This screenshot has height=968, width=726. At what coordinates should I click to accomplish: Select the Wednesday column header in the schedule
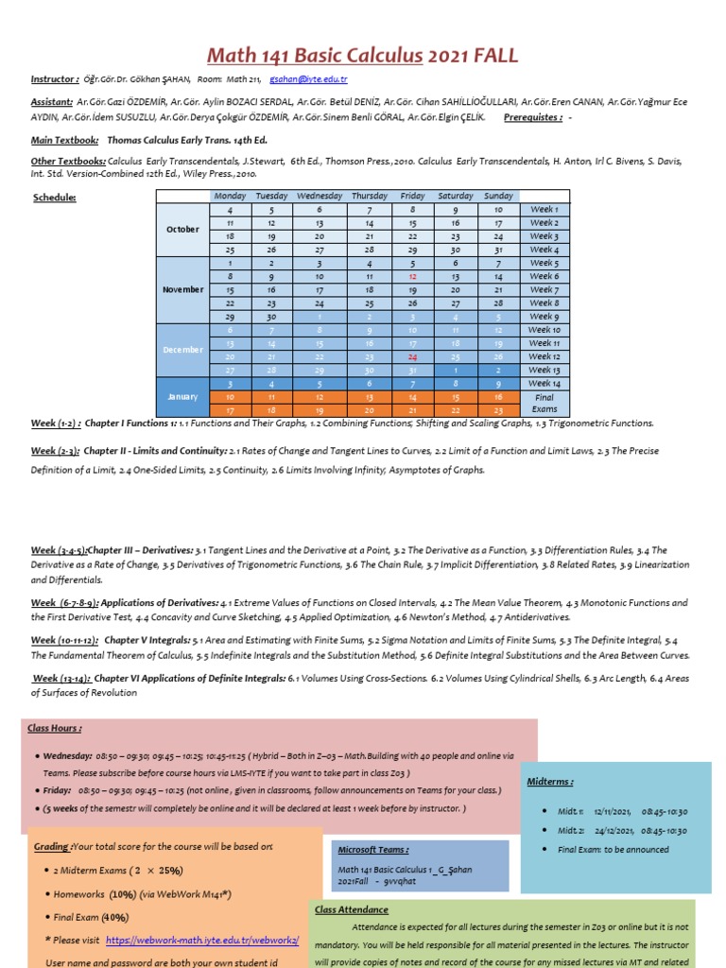319,196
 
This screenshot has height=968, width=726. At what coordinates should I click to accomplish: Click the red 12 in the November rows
413,276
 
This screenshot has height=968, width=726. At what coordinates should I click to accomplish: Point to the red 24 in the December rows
413,357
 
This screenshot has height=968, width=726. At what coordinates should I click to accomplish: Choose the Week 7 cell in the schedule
544,290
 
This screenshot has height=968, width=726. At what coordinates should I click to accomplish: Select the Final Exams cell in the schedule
544,404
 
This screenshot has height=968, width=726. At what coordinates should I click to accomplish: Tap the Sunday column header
498,196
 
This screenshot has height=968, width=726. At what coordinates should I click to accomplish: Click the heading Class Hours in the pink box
55,729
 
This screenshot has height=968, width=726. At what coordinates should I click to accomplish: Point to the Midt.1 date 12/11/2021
611,811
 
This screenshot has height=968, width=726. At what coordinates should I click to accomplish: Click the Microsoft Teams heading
372,850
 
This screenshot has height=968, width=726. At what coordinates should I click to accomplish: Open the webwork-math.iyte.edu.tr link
202,941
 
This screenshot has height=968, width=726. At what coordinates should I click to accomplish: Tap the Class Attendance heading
351,909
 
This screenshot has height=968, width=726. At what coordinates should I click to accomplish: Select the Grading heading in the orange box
52,846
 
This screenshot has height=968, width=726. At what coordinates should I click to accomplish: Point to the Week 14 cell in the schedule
544,384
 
